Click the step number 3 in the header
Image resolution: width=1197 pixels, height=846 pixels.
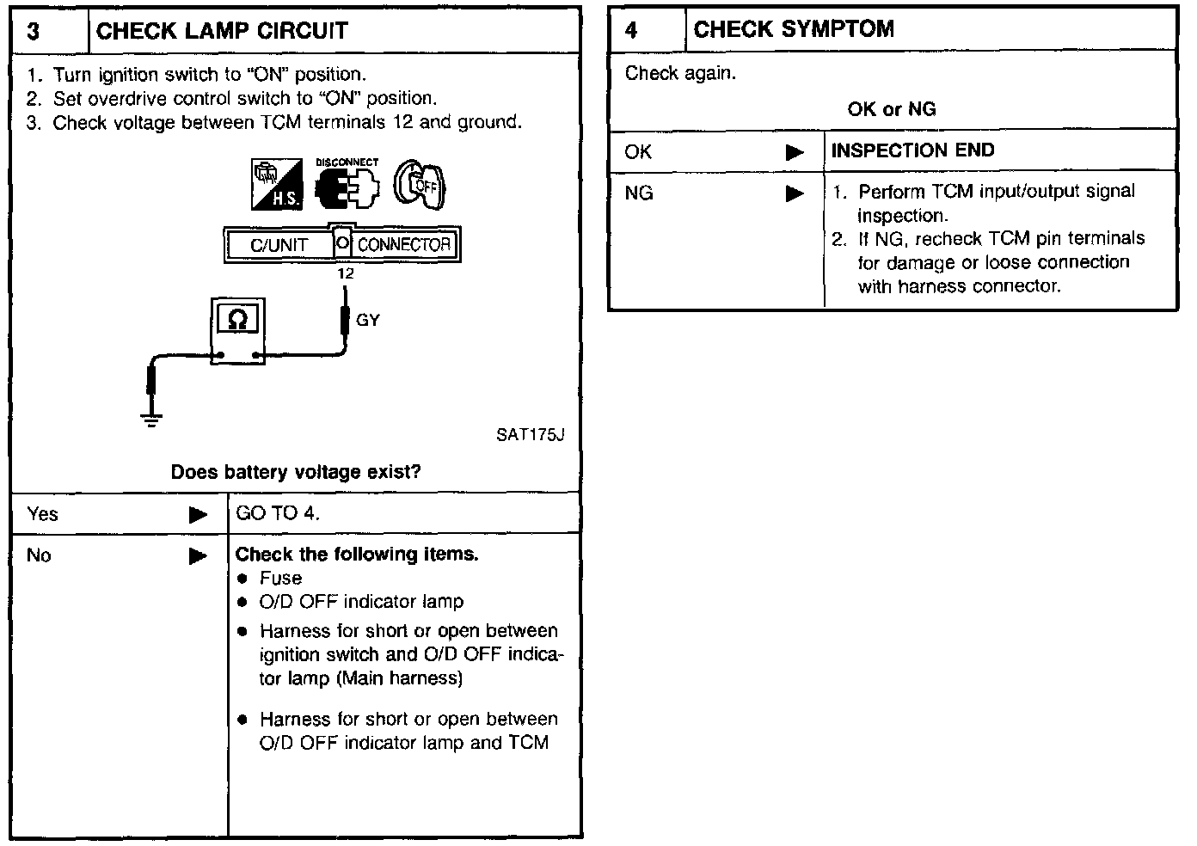coord(34,32)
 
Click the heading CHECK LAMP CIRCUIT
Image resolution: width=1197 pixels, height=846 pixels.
coord(222,32)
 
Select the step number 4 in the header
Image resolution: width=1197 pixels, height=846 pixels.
coord(631,31)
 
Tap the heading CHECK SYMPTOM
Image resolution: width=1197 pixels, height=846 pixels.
coord(793,30)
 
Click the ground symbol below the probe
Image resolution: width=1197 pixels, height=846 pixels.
coord(151,420)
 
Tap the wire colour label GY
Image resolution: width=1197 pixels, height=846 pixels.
coord(368,321)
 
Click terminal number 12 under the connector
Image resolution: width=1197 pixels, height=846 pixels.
coord(345,274)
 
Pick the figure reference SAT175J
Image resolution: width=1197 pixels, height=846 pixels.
coord(530,435)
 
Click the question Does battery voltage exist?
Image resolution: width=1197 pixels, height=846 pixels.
coord(296,472)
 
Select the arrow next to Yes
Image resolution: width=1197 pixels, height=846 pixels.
coord(199,515)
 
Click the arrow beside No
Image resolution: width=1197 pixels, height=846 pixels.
coord(199,556)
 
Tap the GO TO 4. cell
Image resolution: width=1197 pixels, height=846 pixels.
coord(278,514)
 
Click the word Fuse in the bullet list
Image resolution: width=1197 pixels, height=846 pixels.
coord(280,579)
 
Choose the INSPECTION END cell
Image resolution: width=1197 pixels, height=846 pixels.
coord(912,151)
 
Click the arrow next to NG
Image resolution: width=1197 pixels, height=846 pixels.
coord(795,193)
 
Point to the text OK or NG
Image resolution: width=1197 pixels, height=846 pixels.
coord(892,109)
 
